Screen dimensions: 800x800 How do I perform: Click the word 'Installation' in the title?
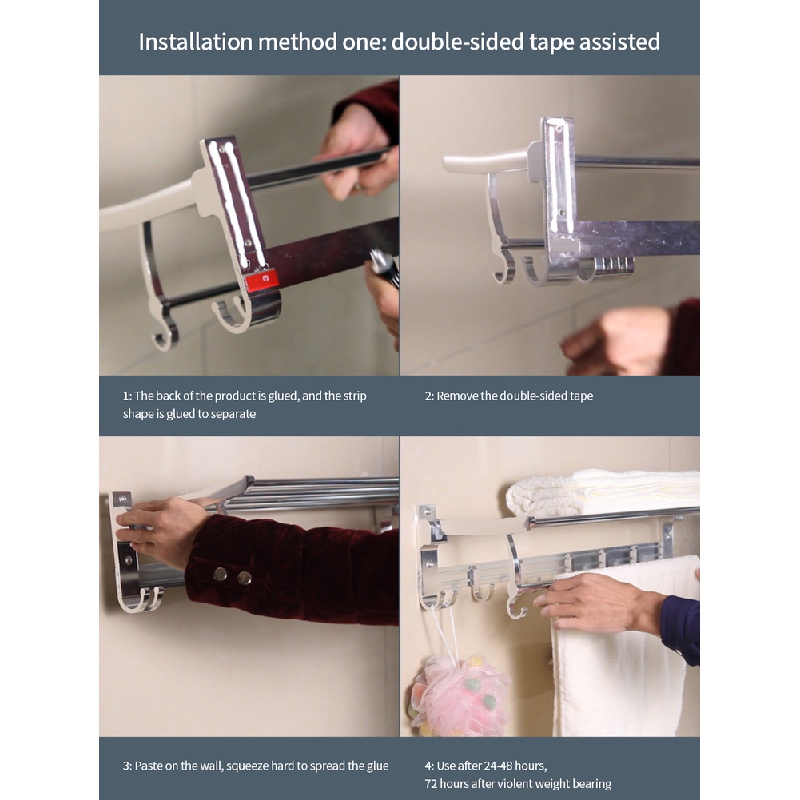[x=196, y=42]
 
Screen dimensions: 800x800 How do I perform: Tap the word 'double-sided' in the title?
[x=458, y=42]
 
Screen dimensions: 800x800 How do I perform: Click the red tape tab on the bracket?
[x=261, y=280]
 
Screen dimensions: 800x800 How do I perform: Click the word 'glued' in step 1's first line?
[x=283, y=396]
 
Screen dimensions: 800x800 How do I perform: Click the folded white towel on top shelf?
[x=602, y=492]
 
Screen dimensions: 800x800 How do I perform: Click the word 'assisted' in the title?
[x=619, y=42]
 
